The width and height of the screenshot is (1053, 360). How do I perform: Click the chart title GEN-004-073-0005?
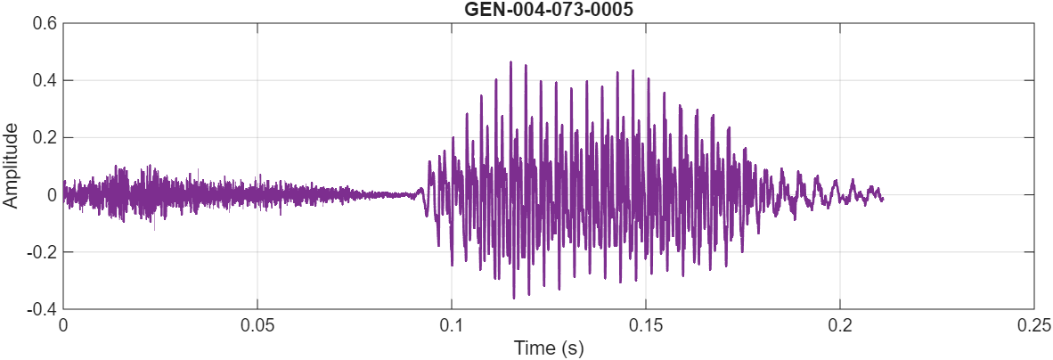coord(548,9)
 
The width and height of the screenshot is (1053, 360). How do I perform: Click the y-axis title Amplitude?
coord(11,166)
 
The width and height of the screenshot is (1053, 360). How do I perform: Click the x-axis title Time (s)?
coord(548,348)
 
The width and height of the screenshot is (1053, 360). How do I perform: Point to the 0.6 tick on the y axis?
coord(46,23)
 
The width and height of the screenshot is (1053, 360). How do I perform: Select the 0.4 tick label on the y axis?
coord(46,80)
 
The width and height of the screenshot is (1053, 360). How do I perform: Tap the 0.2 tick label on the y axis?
coord(46,137)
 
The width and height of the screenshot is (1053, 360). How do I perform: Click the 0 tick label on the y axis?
coord(53,194)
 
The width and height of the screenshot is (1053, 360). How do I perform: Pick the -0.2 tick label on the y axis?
coord(44,251)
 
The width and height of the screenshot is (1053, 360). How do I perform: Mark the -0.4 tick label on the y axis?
coord(44,308)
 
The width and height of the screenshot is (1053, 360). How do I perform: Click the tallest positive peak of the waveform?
coord(510,61)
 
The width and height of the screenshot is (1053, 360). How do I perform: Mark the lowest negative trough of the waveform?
coord(514,298)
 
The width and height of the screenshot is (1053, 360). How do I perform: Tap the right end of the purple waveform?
coord(883,199)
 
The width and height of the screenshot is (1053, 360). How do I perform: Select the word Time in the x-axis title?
coord(532,348)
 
